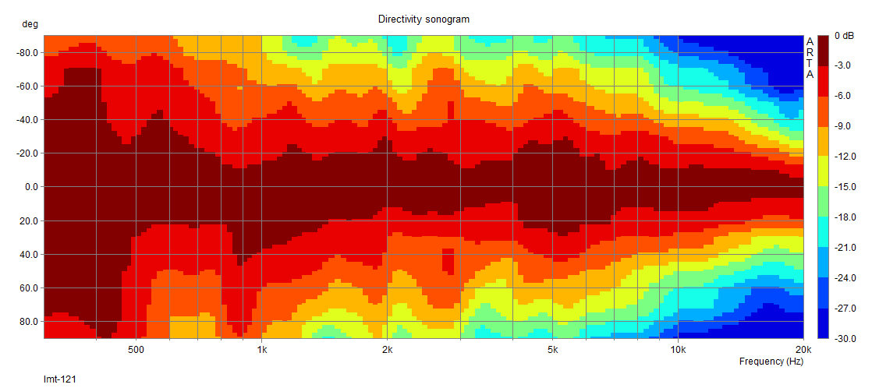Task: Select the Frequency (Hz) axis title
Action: [x=771, y=362]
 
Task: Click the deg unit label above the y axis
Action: [x=30, y=24]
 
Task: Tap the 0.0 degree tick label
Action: [x=31, y=187]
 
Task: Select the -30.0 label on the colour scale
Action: [x=845, y=339]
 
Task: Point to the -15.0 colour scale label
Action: [x=845, y=187]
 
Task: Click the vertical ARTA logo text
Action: [x=810, y=58]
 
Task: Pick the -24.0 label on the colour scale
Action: [x=845, y=278]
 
